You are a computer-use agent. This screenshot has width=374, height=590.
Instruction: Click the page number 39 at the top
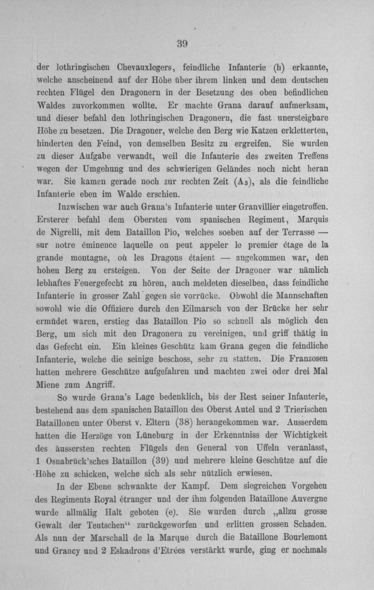tap(182, 44)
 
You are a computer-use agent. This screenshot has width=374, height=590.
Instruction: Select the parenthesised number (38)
tap(184, 422)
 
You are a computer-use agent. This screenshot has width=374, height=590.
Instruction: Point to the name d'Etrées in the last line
tap(169, 550)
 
